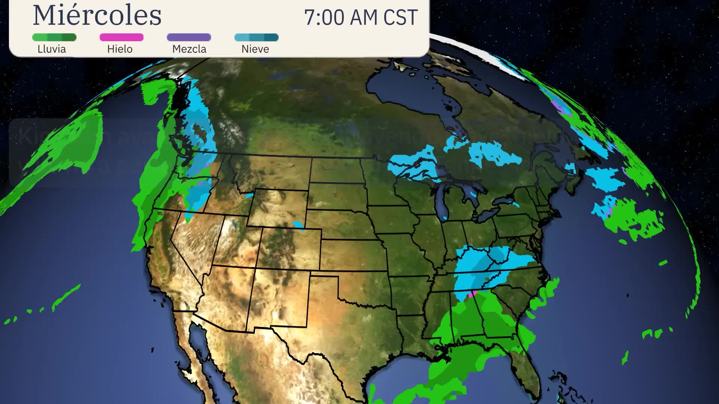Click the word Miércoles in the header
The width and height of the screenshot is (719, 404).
point(97,16)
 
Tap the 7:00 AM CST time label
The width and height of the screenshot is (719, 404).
point(361,18)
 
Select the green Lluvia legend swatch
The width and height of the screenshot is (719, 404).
point(54,37)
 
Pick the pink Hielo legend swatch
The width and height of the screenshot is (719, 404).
point(121,37)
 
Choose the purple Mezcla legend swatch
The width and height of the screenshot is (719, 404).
point(189,37)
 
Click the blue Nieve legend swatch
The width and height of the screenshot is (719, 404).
point(256,37)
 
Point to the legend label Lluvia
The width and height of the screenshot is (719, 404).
point(52,49)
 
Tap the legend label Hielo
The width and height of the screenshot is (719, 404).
point(120,49)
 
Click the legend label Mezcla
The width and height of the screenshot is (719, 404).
point(189,49)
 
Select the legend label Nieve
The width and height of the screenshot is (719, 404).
point(255,49)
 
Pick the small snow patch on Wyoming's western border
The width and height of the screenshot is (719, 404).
point(249,196)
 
